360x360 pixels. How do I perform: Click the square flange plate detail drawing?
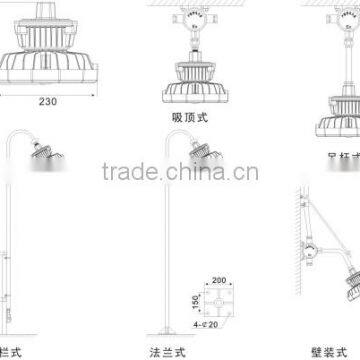point(222,296)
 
